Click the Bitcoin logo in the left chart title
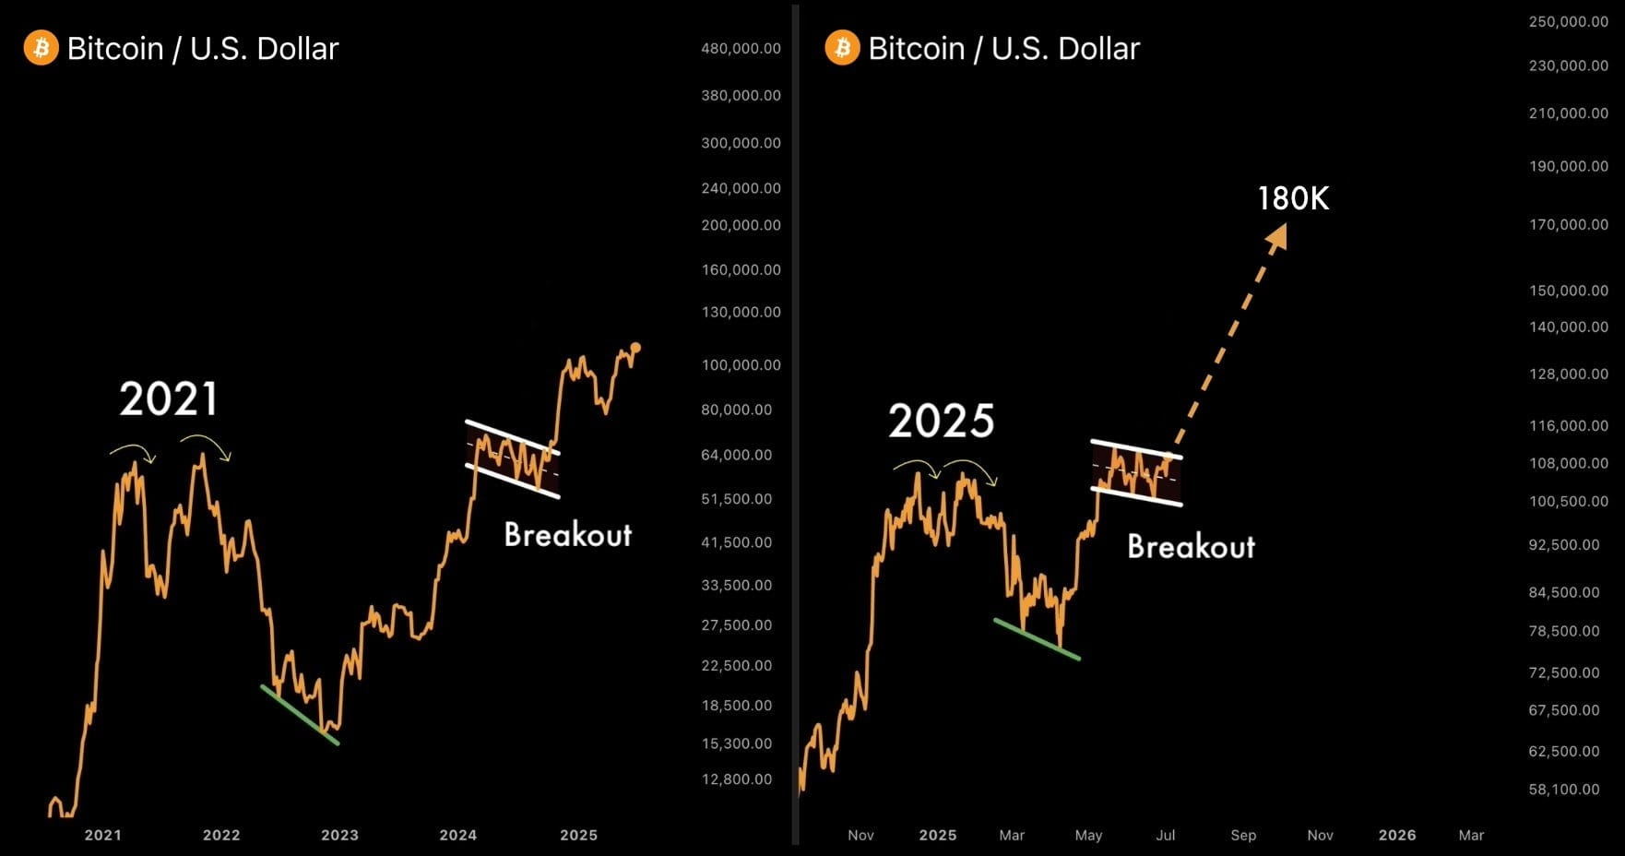point(41,48)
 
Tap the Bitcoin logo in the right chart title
point(842,48)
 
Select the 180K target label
point(1293,198)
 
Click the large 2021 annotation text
point(169,399)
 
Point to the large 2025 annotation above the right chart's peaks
point(941,422)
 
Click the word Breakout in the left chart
point(567,535)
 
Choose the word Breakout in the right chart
point(1191,547)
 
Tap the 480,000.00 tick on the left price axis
point(741,48)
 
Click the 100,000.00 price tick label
point(741,365)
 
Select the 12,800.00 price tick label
point(737,779)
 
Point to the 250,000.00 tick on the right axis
point(1568,21)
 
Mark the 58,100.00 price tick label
point(1564,790)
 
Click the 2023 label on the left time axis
point(339,835)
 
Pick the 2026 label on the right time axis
point(1396,835)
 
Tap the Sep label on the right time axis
point(1243,835)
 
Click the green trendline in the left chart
point(300,715)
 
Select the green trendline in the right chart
point(1037,639)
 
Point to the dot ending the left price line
point(635,348)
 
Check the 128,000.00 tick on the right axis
point(1568,374)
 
